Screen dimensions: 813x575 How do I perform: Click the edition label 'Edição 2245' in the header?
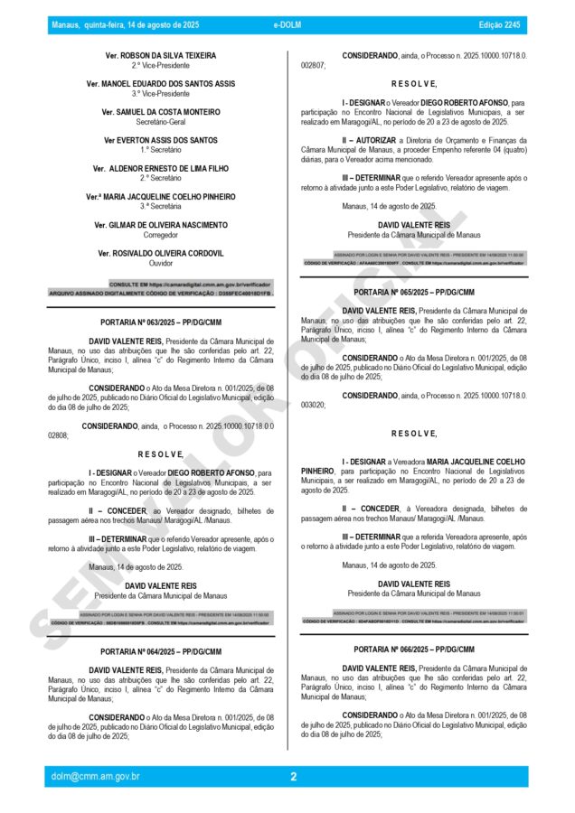pos(499,25)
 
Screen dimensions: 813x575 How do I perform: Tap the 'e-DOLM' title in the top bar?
pos(287,25)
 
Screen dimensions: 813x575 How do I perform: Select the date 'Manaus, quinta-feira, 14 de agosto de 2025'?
pos(126,25)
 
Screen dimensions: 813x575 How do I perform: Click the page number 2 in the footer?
pos(293,776)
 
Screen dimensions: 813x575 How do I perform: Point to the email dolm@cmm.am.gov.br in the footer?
pos(96,776)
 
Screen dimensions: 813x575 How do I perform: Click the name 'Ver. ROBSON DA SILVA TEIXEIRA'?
pos(161,56)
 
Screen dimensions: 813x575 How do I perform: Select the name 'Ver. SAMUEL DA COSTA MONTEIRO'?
pos(161,112)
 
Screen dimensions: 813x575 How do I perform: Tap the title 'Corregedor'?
pos(161,234)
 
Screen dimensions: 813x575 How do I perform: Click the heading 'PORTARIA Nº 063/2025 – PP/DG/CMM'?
pos(161,322)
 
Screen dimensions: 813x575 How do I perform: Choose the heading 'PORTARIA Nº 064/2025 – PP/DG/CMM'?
pos(161,649)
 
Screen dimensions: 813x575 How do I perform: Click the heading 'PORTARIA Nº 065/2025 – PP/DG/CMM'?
pos(414,293)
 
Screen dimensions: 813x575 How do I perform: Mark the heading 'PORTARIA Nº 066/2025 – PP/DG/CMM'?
pos(414,649)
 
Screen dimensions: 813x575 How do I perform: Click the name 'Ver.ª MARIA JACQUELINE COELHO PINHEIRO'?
pos(161,196)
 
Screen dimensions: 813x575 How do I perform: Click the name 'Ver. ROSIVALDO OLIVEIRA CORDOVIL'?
pos(161,253)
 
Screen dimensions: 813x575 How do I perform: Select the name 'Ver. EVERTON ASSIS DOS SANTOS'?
pos(161,140)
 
